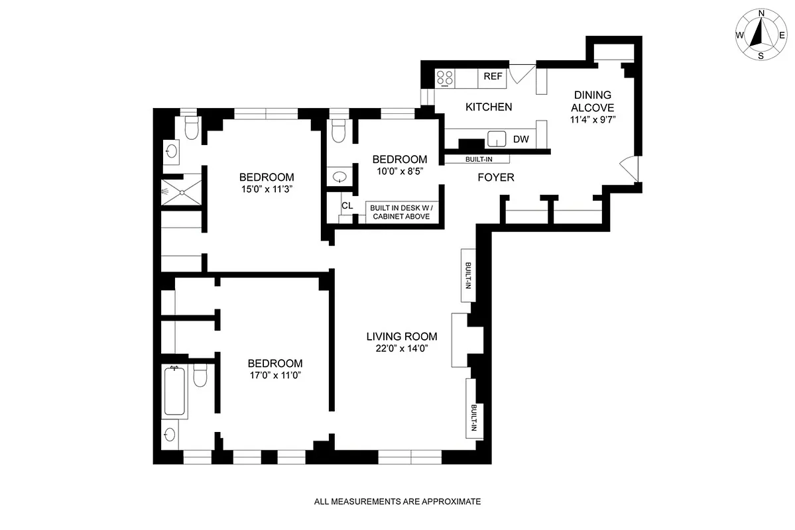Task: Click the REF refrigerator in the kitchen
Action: tap(493, 76)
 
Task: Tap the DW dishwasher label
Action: tap(520, 139)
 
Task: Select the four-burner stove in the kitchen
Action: tap(445, 78)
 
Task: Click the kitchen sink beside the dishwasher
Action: tap(497, 139)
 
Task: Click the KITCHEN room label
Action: tap(489, 107)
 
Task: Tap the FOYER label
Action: tap(496, 178)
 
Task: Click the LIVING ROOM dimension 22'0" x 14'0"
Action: tap(402, 348)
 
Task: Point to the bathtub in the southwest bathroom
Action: tap(175, 391)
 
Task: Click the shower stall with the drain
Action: tap(180, 191)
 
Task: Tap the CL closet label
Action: tap(347, 205)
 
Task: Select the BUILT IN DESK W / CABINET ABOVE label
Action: tap(400, 212)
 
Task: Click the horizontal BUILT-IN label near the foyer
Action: tap(477, 159)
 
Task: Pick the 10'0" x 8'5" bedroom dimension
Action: tap(399, 171)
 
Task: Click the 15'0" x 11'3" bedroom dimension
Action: tap(267, 189)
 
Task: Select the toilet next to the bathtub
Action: tap(201, 376)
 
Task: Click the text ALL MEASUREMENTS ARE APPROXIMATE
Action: tap(397, 502)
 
